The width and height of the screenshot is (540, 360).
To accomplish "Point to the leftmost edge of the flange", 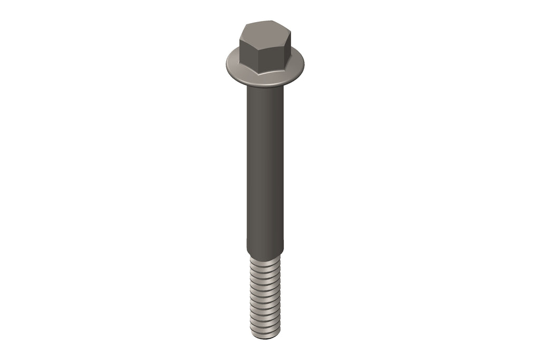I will coord(226,64).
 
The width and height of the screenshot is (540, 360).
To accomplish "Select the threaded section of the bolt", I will coord(265,295).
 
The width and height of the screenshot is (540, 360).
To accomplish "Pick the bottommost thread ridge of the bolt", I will coord(265,331).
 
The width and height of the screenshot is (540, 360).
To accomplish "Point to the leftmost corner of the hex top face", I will coord(239,37).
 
